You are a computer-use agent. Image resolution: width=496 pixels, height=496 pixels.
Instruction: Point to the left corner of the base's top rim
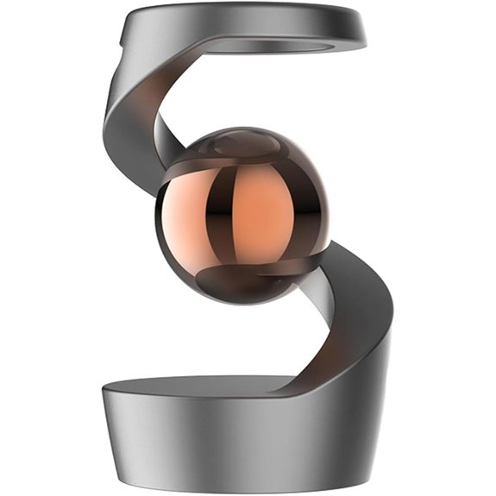(x=104, y=392)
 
